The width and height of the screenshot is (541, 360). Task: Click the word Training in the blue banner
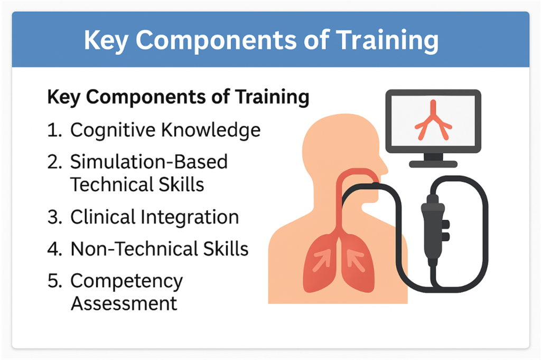(x=387, y=41)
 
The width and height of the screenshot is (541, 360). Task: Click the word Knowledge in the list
(x=211, y=130)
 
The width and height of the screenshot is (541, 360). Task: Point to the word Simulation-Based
(x=149, y=162)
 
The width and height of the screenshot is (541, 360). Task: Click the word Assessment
(x=124, y=304)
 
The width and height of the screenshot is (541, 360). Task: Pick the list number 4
(x=54, y=249)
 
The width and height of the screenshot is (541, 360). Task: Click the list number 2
(x=54, y=162)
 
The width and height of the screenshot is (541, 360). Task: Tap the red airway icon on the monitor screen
(x=433, y=120)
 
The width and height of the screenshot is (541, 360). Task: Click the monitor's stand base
(x=433, y=164)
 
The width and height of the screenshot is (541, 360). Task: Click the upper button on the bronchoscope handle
(x=445, y=224)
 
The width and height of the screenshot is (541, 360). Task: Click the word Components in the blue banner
(x=216, y=41)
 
